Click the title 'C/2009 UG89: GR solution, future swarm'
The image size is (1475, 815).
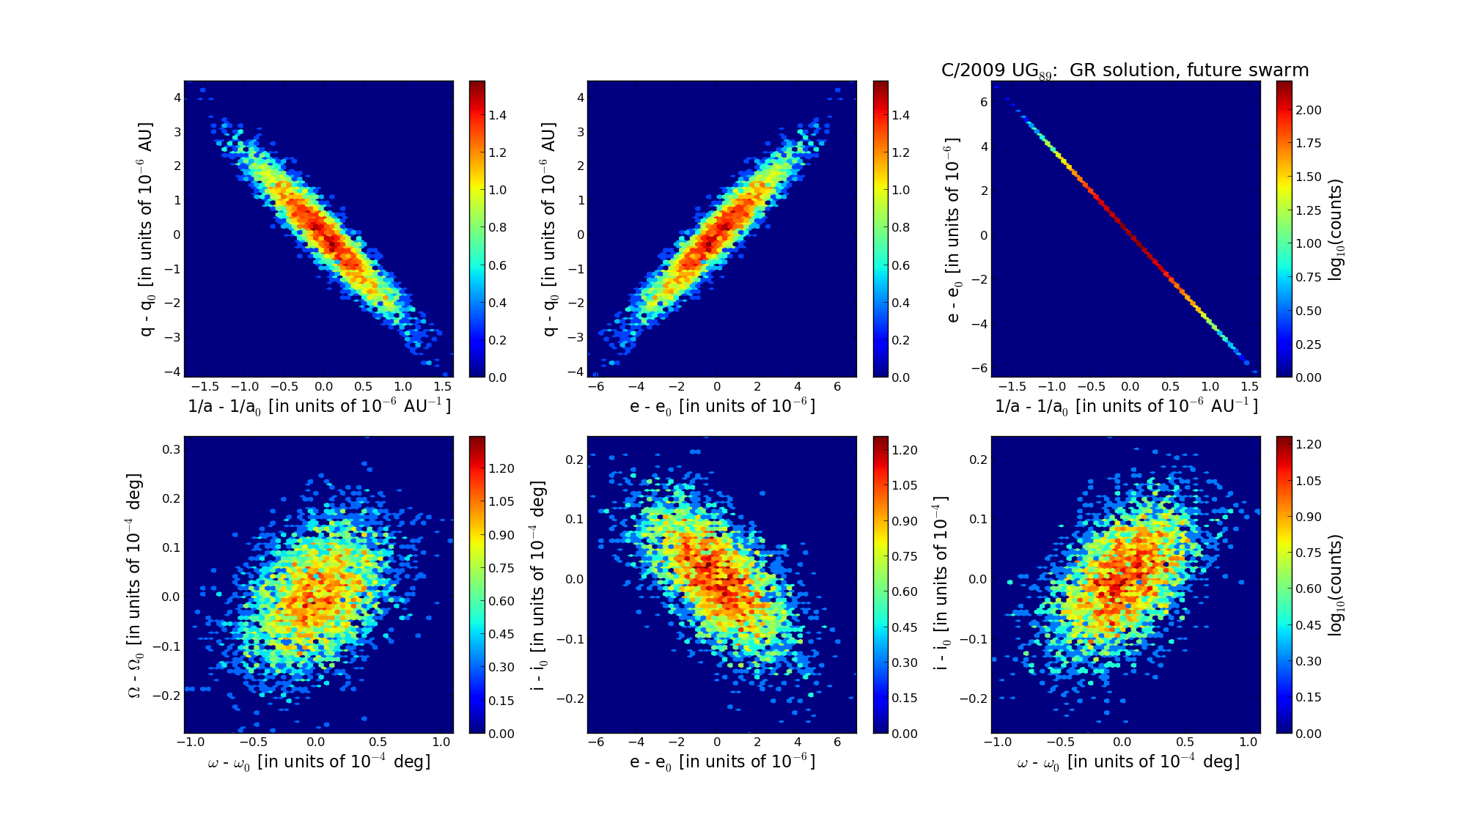[x=1125, y=70]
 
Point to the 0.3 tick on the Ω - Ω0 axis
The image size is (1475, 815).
[x=172, y=449]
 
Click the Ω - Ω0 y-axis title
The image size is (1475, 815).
[x=135, y=585]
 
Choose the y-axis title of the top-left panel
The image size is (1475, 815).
[x=147, y=229]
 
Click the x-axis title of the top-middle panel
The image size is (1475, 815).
[x=722, y=406]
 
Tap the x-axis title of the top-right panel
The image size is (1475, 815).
[x=1126, y=406]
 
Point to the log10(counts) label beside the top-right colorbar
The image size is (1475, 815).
[x=1336, y=229]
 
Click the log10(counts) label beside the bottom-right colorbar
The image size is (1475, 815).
[x=1336, y=585]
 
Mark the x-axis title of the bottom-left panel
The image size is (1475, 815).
[x=319, y=762]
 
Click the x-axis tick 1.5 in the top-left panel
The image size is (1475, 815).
[x=1175, y=386]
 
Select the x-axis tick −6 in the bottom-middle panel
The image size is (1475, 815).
[x=596, y=742]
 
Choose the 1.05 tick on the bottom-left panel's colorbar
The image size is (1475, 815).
[x=501, y=501]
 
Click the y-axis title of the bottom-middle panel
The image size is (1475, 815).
[x=539, y=585]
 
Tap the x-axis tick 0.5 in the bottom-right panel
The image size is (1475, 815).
[x=1185, y=742]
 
